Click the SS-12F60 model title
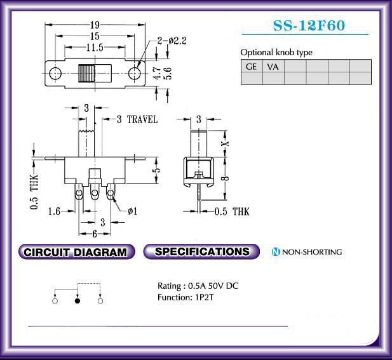(x=309, y=25)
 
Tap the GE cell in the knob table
(x=252, y=66)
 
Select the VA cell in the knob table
(x=273, y=66)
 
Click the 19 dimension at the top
(x=95, y=25)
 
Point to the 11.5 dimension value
(x=95, y=47)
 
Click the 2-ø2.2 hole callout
(x=172, y=41)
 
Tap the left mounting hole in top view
(x=55, y=74)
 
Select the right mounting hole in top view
(x=135, y=74)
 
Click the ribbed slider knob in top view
(x=87, y=74)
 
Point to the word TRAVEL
(x=142, y=119)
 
